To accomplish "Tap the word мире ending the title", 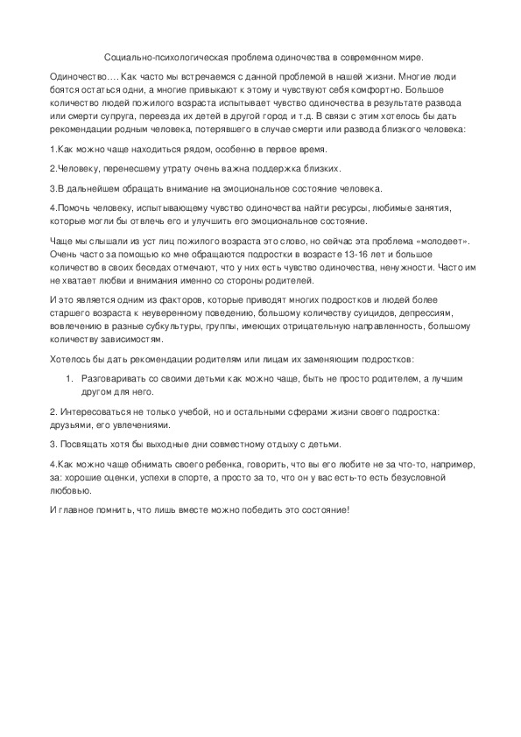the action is tap(406, 56).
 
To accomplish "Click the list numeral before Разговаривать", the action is tap(69, 378).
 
